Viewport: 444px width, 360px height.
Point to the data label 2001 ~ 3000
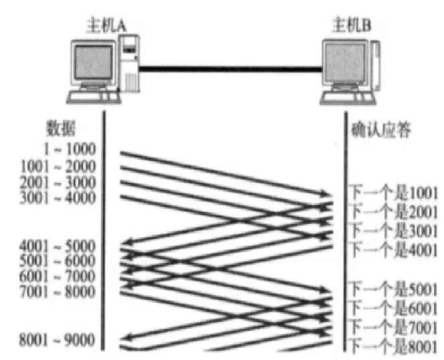58,182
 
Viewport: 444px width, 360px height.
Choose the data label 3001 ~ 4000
58,197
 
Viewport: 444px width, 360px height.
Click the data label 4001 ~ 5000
58,246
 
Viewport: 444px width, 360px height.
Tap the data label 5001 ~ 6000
58,261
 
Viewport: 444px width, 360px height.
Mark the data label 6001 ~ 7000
58,276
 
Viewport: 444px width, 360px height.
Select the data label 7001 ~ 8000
58,292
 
